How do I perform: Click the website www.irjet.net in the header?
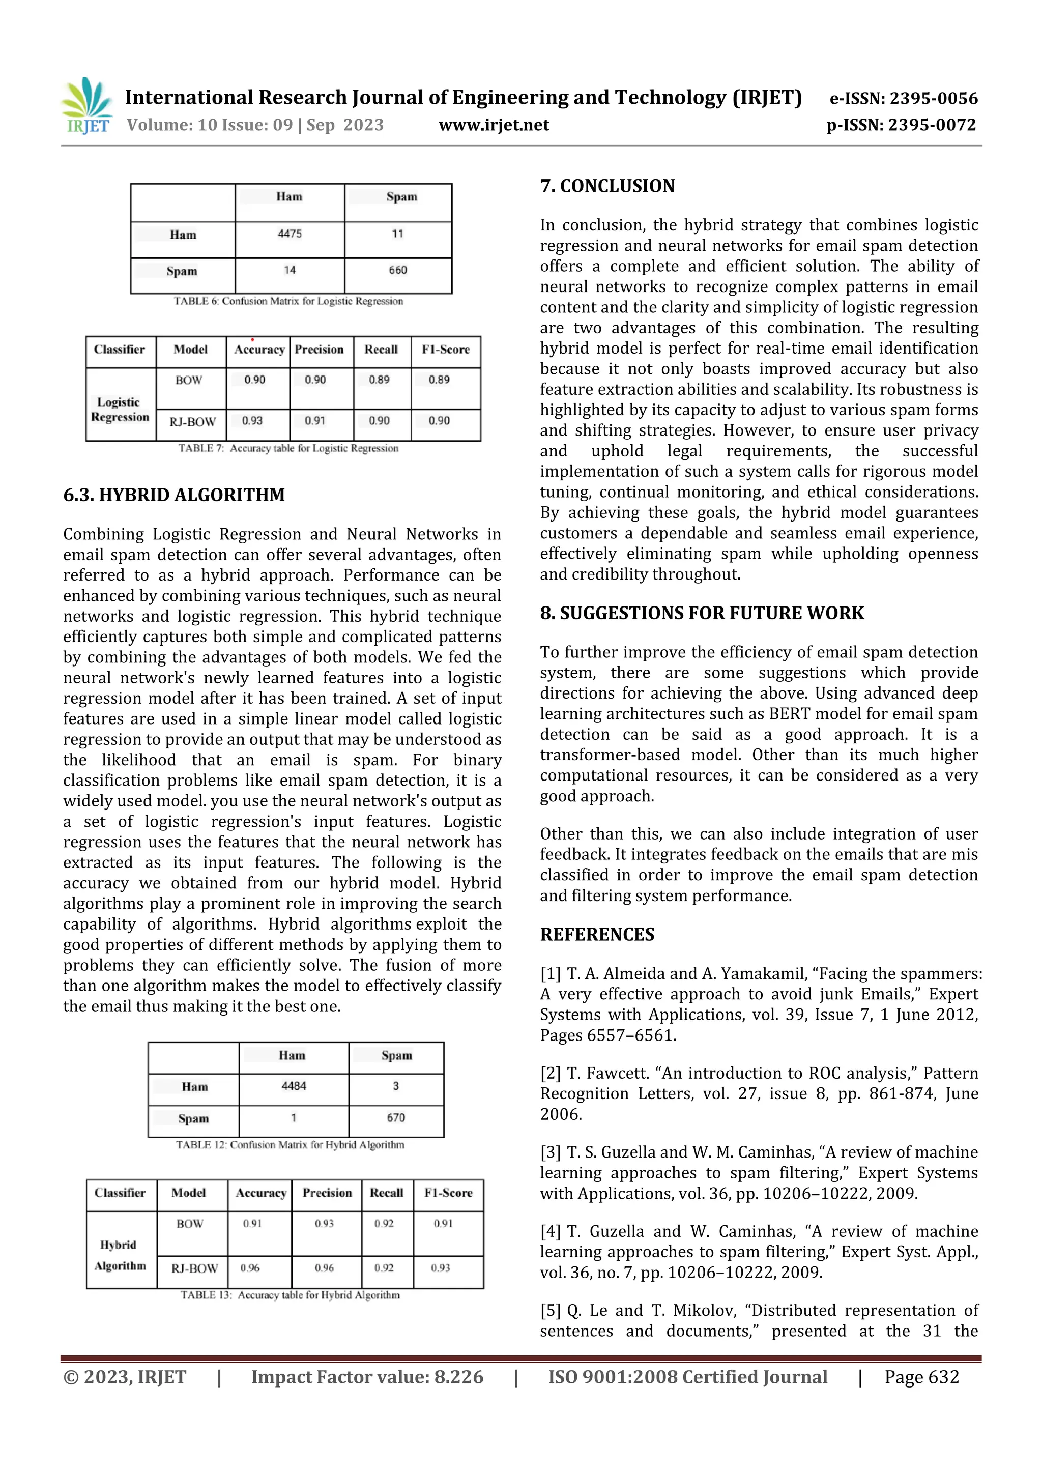[494, 125]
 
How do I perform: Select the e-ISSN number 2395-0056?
[933, 99]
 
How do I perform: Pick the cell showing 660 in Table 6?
[397, 270]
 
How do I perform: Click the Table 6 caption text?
[288, 301]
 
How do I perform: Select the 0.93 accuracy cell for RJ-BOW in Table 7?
[252, 421]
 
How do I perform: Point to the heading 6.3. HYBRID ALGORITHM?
[174, 495]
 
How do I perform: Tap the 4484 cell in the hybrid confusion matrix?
[294, 1086]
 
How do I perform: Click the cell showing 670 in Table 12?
[395, 1118]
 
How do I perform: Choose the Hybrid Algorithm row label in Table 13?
[120, 1256]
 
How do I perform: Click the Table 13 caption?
[290, 1295]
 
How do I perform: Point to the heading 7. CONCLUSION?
[607, 186]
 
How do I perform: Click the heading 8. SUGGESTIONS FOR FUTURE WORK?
[702, 613]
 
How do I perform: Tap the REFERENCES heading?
[597, 935]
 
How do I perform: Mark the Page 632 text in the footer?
[921, 1377]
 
